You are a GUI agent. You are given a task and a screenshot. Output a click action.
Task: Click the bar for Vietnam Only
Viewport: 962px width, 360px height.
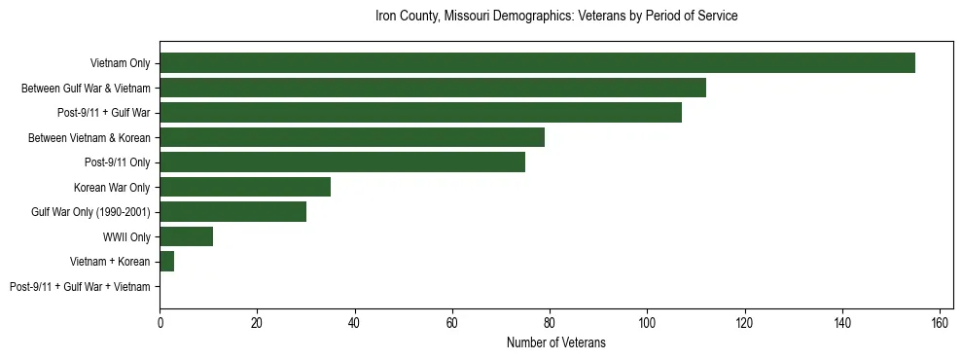pyautogui.click(x=537, y=63)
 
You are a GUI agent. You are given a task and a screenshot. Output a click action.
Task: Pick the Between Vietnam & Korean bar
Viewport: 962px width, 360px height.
pyautogui.click(x=352, y=137)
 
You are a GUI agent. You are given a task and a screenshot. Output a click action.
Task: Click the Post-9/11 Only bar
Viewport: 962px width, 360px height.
pyautogui.click(x=342, y=162)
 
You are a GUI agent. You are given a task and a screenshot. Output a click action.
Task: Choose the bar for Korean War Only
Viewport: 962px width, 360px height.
pyautogui.click(x=245, y=187)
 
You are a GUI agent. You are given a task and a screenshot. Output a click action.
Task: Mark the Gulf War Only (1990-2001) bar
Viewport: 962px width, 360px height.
pyautogui.click(x=232, y=212)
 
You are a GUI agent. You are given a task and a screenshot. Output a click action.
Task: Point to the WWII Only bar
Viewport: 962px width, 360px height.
pyautogui.click(x=186, y=236)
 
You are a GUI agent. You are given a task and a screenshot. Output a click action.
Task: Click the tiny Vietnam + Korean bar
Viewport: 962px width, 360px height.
pyautogui.click(x=166, y=262)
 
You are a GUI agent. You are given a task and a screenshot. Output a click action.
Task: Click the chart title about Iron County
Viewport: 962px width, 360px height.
pyautogui.click(x=556, y=17)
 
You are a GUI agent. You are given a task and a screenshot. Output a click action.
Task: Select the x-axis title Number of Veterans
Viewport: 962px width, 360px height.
pyautogui.click(x=556, y=342)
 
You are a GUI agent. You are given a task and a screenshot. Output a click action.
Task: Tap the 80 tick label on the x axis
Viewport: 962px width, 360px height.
pyautogui.click(x=550, y=323)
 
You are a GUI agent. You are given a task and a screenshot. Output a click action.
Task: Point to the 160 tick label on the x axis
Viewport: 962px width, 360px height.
pyautogui.click(x=940, y=323)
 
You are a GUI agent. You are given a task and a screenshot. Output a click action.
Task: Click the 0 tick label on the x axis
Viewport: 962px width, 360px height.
pyautogui.click(x=160, y=323)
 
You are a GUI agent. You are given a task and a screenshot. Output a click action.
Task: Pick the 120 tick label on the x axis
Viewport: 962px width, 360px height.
pyautogui.click(x=744, y=323)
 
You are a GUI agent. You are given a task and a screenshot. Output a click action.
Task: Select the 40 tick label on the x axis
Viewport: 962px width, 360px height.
pyautogui.click(x=354, y=323)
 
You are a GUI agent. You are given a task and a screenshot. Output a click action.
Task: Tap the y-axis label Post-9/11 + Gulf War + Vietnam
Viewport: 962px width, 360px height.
pyautogui.click(x=80, y=287)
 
